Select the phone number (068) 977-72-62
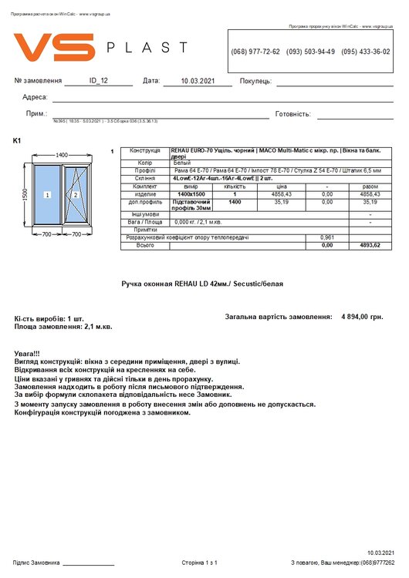[255, 52]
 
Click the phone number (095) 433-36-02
[365, 52]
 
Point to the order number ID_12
[99, 80]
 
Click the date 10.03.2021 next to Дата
[198, 80]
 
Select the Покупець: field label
[255, 81]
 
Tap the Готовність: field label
[292, 114]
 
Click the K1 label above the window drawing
[18, 140]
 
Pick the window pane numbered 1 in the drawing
[48, 196]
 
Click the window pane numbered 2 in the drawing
[76, 196]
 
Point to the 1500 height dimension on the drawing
[25, 196]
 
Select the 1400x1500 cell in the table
[191, 194]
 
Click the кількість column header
[235, 187]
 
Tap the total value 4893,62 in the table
[370, 245]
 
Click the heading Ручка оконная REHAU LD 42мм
[202, 284]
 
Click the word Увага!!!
[29, 352]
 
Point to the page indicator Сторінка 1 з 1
[199, 563]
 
